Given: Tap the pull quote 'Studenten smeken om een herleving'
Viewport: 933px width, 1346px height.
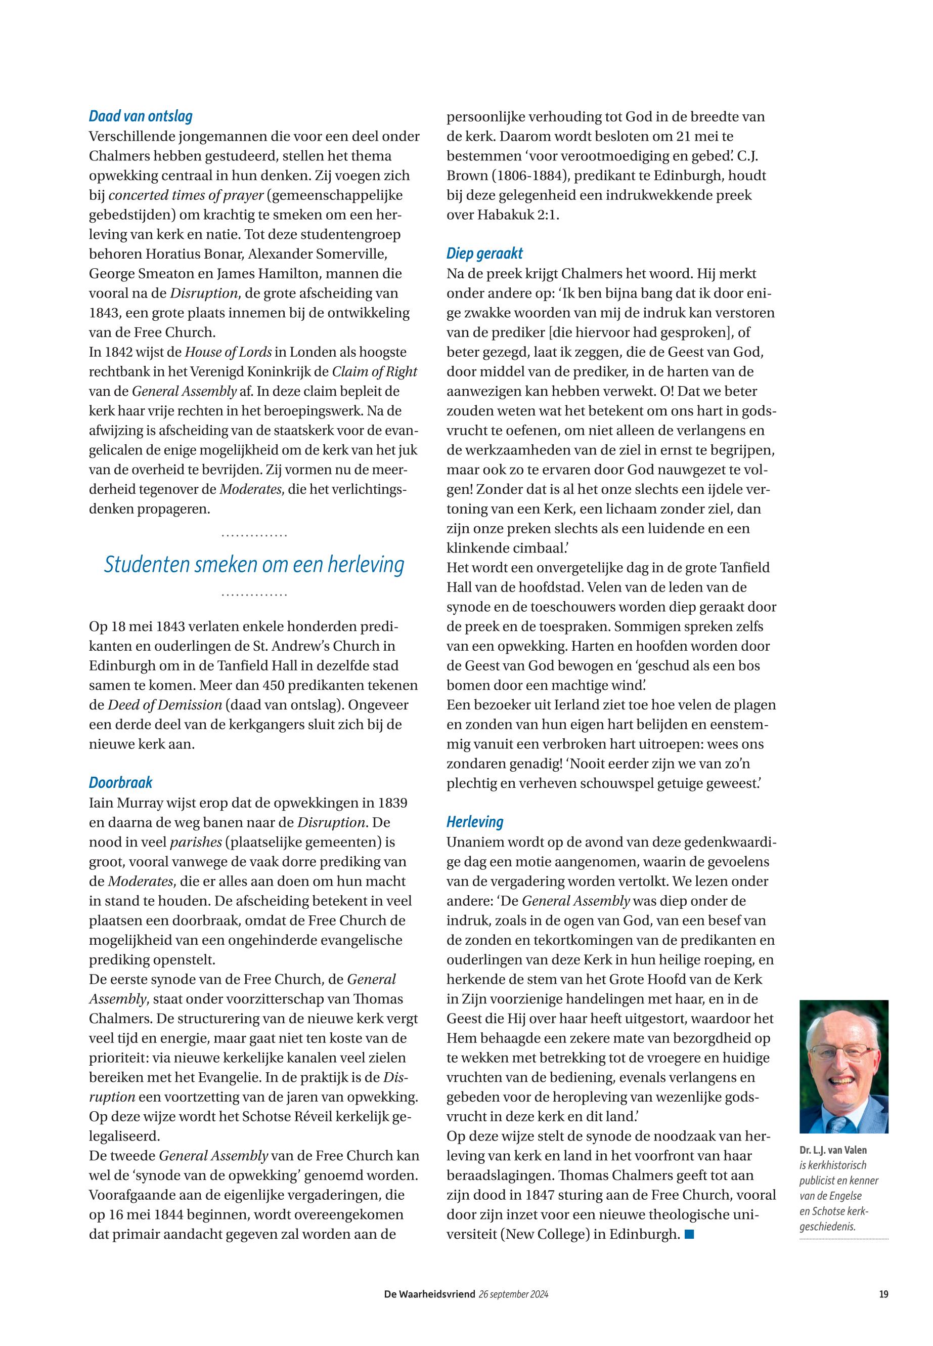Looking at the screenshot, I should tap(254, 565).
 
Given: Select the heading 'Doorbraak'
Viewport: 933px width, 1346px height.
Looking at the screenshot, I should tap(120, 783).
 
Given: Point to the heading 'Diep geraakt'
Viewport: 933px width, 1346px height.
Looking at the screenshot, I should tap(484, 254).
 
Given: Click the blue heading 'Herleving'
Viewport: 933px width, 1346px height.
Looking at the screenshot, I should tap(475, 822).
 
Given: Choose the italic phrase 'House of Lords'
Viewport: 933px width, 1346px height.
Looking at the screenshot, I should tap(228, 352).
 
